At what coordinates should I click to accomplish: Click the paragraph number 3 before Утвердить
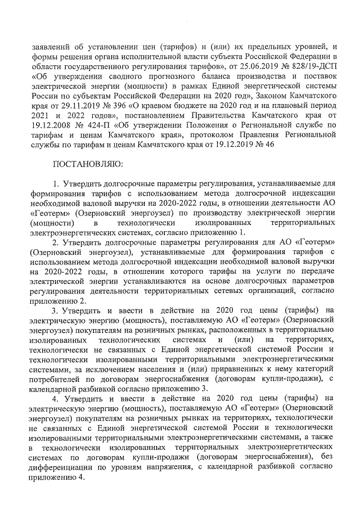pos(55,309)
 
